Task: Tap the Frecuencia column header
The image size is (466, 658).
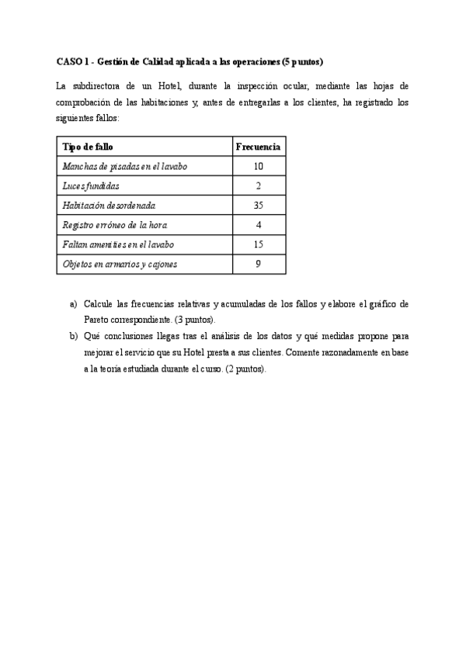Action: point(258,147)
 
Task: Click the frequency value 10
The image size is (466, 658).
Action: point(258,166)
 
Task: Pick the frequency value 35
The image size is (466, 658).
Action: point(258,206)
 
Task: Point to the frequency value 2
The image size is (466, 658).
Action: point(258,186)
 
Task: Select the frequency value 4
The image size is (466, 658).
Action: point(258,225)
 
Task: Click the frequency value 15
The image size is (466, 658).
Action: point(258,244)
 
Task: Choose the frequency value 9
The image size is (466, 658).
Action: point(258,265)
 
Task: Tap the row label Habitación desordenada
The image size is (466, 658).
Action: point(109,206)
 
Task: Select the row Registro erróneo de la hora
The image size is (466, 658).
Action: point(114,225)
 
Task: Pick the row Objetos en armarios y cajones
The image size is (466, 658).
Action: point(120,265)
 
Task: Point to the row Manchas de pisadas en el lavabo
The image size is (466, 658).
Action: point(124,166)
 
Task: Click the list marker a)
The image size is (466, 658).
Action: point(74,303)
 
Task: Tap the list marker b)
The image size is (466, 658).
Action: point(74,337)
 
